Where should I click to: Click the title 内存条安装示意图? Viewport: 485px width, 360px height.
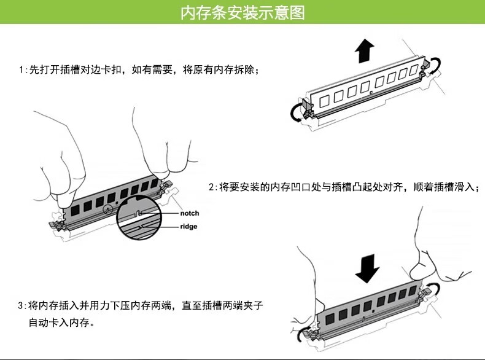(243, 13)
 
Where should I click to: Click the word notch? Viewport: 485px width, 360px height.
(189, 213)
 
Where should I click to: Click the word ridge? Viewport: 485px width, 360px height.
(188, 226)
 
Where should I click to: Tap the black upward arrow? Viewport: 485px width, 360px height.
(365, 51)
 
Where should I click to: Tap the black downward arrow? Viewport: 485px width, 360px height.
(367, 268)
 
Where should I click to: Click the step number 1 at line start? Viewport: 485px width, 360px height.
(21, 69)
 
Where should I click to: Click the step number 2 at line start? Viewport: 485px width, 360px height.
(211, 187)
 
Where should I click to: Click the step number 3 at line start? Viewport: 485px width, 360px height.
(20, 306)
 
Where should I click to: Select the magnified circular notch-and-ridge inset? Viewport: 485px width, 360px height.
(139, 219)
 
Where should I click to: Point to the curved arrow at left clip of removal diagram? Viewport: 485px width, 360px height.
(293, 114)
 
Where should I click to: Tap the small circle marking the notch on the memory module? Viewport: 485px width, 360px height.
(107, 209)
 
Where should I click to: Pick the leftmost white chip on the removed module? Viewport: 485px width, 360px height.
(324, 101)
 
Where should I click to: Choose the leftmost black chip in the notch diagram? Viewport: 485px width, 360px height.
(75, 211)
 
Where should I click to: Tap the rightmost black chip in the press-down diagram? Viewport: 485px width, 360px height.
(413, 291)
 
